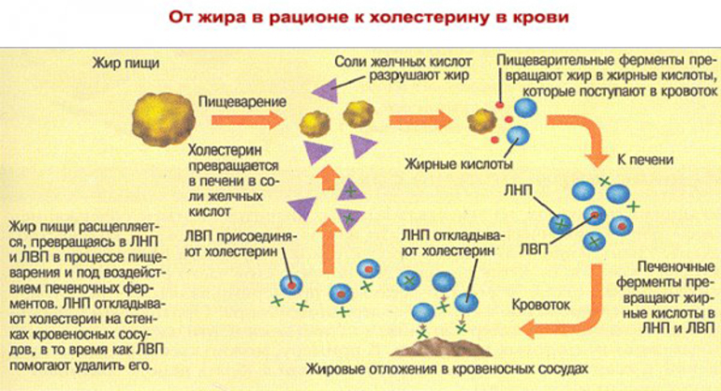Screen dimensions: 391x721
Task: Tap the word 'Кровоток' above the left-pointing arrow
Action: coord(539,306)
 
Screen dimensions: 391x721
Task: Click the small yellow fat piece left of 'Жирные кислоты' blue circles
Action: coord(480,119)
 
